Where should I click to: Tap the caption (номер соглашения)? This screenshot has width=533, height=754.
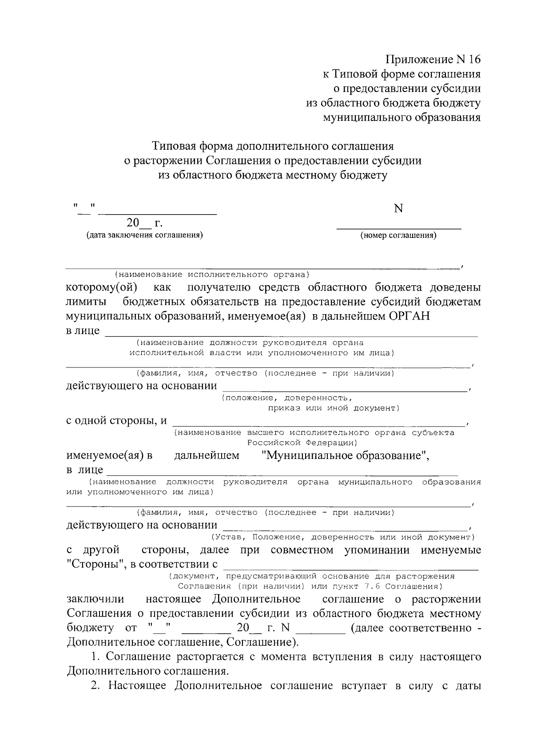398,235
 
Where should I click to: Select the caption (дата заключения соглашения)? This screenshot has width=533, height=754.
144,235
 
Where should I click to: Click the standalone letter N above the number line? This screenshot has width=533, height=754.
398,209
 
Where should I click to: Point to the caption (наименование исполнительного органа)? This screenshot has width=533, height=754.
212,274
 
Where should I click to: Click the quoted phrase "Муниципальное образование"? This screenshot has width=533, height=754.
346,456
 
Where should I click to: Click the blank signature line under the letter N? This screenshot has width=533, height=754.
398,228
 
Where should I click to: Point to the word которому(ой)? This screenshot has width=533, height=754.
102,287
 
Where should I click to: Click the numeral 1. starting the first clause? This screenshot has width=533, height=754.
94,656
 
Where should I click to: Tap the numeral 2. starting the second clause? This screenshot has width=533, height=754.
94,686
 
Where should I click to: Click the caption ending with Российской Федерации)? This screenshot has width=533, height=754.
302,443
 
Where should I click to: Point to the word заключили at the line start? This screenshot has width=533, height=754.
95,599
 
